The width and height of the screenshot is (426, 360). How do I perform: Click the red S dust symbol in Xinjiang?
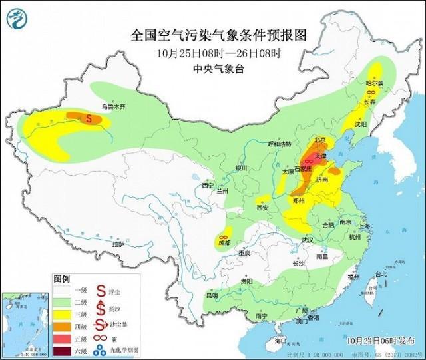(x=89, y=118)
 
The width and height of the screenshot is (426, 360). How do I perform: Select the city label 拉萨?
(x=118, y=244)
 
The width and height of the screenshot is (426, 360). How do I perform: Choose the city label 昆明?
(x=212, y=295)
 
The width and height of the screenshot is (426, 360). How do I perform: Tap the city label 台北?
(x=380, y=274)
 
